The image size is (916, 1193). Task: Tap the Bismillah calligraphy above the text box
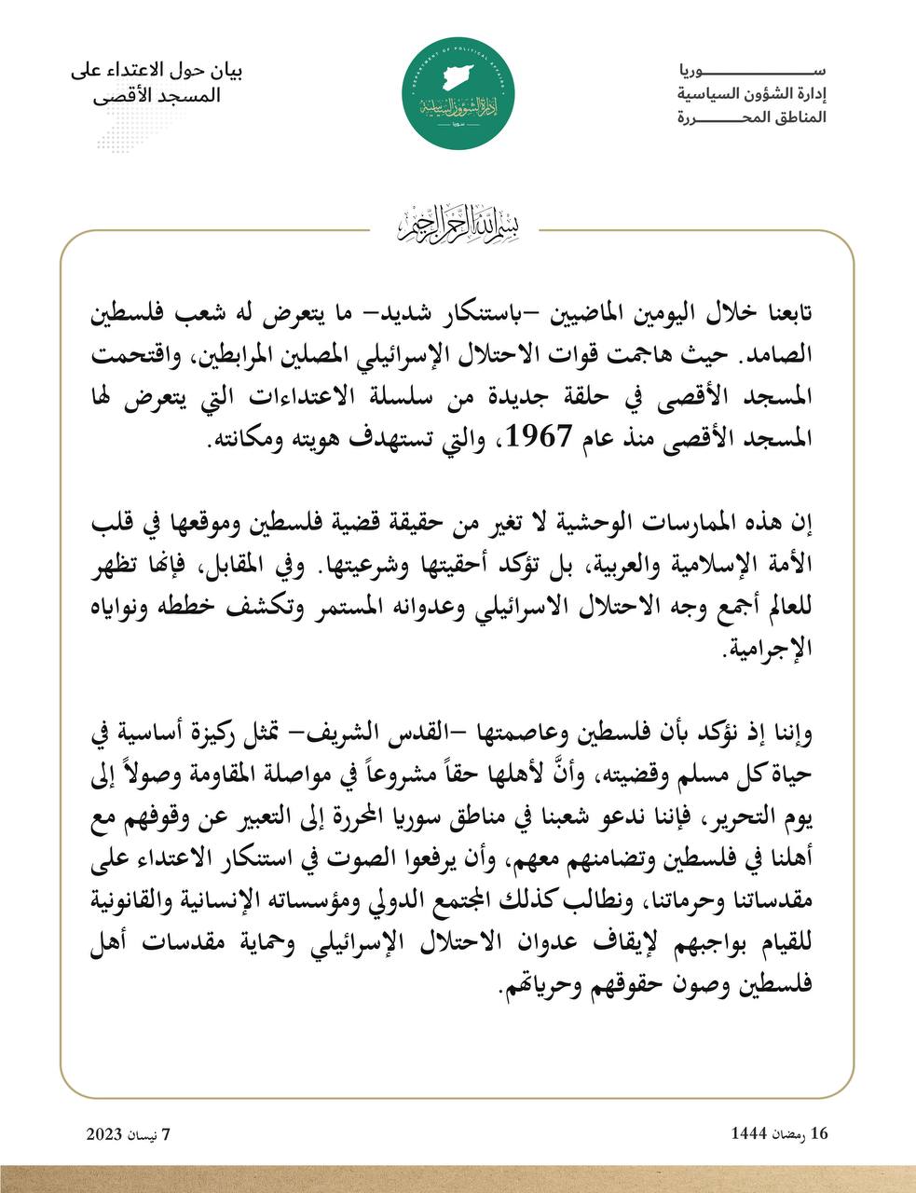click(x=458, y=224)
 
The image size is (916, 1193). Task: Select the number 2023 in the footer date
click(x=105, y=1133)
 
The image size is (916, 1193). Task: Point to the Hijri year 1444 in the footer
click(x=749, y=1133)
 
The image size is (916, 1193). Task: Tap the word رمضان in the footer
click(x=791, y=1134)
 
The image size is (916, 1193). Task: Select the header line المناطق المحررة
click(x=752, y=118)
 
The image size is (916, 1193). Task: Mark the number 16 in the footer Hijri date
click(x=819, y=1133)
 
